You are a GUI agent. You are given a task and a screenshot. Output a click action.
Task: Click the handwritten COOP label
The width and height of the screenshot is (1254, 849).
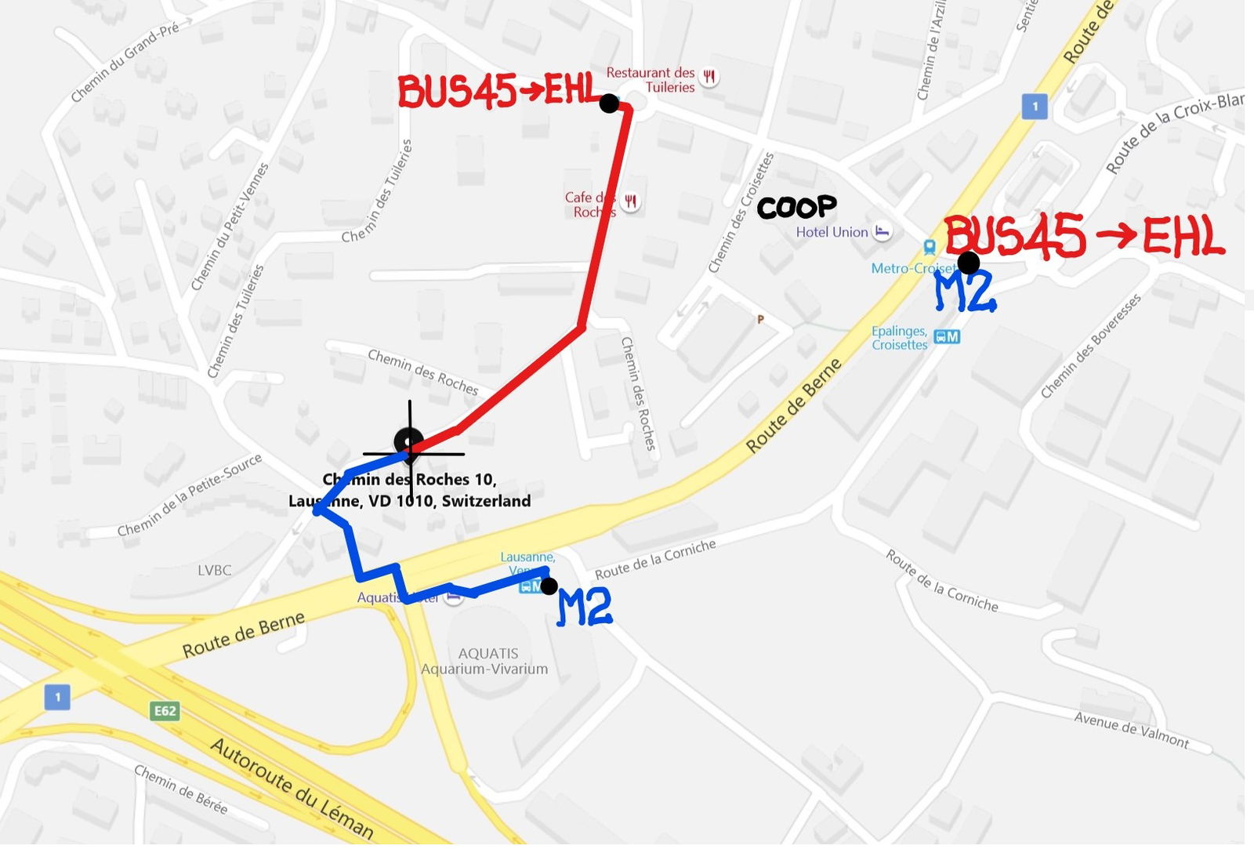tap(796, 207)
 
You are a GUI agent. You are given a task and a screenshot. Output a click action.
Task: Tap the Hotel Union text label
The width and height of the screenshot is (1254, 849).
tap(832, 232)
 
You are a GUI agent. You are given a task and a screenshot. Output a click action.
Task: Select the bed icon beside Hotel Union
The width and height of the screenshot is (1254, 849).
tap(883, 231)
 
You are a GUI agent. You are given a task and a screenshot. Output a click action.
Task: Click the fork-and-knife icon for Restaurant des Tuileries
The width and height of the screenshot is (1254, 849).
tap(709, 77)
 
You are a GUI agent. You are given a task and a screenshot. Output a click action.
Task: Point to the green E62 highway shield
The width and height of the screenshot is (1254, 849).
tap(165, 711)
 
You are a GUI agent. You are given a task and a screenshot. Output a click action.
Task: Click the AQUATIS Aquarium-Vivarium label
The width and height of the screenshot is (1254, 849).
tap(485, 661)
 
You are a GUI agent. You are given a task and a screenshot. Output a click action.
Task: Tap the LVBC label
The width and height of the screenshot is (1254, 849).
tap(214, 570)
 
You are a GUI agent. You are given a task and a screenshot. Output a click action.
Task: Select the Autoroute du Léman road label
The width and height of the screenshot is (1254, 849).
tap(292, 789)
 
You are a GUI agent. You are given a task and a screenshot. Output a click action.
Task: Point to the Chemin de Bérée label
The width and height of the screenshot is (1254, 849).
tap(180, 789)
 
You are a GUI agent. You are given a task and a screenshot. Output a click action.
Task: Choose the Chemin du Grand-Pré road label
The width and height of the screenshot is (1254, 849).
tap(125, 62)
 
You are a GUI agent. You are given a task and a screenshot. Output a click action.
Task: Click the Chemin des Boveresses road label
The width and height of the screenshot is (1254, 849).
tap(1090, 346)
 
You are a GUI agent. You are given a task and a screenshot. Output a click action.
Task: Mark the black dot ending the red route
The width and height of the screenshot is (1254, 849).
tap(609, 103)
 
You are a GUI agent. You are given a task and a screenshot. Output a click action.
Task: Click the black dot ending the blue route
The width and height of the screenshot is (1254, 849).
tap(549, 586)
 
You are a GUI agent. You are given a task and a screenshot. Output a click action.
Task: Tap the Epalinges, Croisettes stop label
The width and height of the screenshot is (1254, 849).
tap(900, 338)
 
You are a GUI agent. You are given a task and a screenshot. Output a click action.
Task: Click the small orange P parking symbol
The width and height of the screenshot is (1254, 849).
tap(759, 319)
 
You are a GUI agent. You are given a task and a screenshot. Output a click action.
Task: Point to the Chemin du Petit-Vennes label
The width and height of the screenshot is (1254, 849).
tap(229, 227)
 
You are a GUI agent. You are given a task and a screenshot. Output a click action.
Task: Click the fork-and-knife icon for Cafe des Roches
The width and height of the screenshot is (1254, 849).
tap(630, 202)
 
